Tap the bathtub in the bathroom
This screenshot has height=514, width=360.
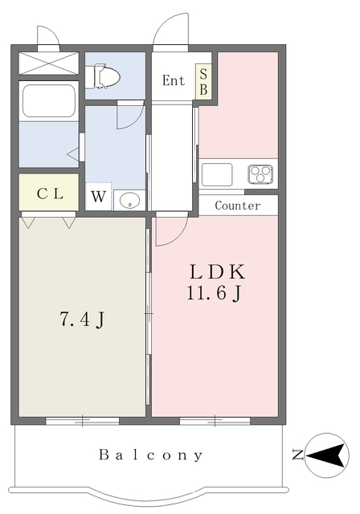click(49, 101)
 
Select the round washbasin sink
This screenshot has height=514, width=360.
click(130, 200)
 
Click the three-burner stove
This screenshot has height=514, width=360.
click(260, 173)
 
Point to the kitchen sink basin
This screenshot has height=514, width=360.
click(217, 174)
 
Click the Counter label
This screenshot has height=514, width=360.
click(238, 206)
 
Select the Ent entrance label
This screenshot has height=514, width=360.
click(174, 80)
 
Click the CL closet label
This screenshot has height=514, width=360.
click(50, 194)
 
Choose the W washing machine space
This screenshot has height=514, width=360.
click(98, 196)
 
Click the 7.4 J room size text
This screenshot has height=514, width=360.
click(83, 319)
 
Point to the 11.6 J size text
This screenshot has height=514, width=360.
click(214, 292)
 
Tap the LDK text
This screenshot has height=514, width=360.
click(218, 271)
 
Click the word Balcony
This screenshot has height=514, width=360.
click(151, 455)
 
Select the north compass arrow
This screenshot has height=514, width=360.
click(327, 455)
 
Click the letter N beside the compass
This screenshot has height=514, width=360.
click(297, 455)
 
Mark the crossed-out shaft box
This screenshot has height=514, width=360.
click(49, 63)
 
